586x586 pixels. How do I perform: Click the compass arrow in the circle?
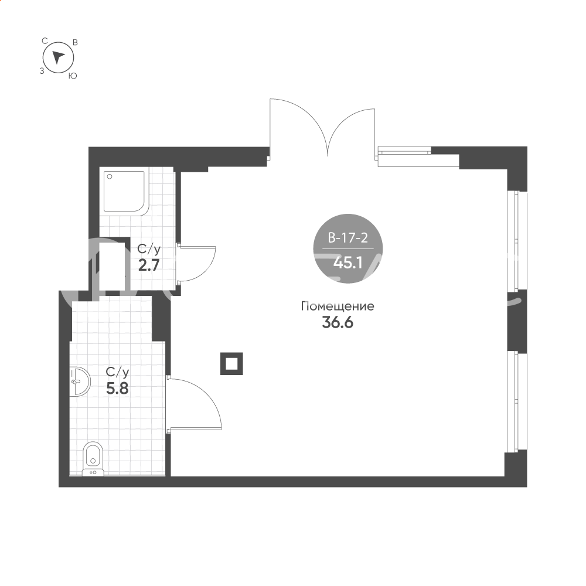pos(58,57)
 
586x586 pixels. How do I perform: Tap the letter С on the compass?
pos(45,41)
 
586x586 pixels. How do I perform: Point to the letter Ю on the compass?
pos(73,76)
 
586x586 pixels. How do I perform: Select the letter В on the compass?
pos(75,42)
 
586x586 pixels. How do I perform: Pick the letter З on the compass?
pos(42,71)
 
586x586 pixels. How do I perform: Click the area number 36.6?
pos(338,322)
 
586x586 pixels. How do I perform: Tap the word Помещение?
pos(338,306)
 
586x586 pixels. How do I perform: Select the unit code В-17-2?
pos(348,238)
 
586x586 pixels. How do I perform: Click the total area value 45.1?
pos(348,263)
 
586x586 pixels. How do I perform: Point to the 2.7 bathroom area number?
pos(149,265)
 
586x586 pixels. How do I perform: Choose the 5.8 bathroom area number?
pos(117,389)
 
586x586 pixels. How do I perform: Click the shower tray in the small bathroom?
pos(124,193)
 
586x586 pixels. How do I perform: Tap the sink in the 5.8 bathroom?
pos(80,381)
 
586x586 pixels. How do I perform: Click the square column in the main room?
pos(231,363)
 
